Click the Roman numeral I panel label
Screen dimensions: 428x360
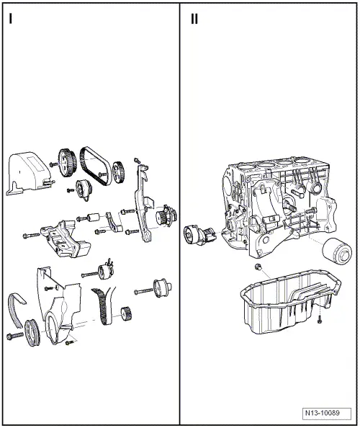click(10, 19)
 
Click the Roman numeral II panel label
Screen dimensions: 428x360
click(194, 19)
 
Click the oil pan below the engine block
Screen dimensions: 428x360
click(286, 308)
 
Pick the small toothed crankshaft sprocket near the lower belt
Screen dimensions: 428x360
click(129, 315)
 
